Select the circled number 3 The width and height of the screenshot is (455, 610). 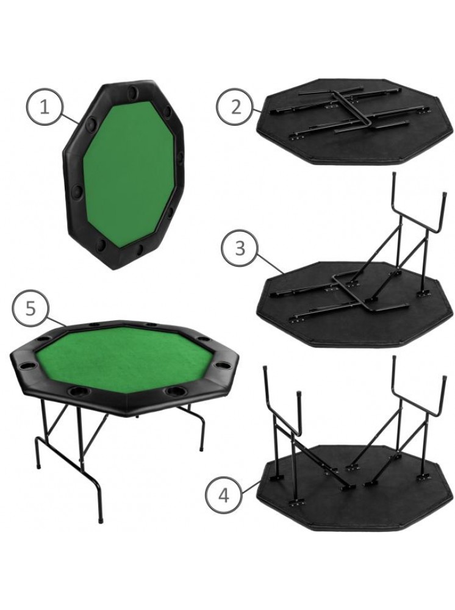(x=240, y=248)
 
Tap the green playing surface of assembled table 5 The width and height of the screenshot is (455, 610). (x=124, y=358)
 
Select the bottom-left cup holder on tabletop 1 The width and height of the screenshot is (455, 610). (x=101, y=245)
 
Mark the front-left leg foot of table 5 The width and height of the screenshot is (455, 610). (x=101, y=518)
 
